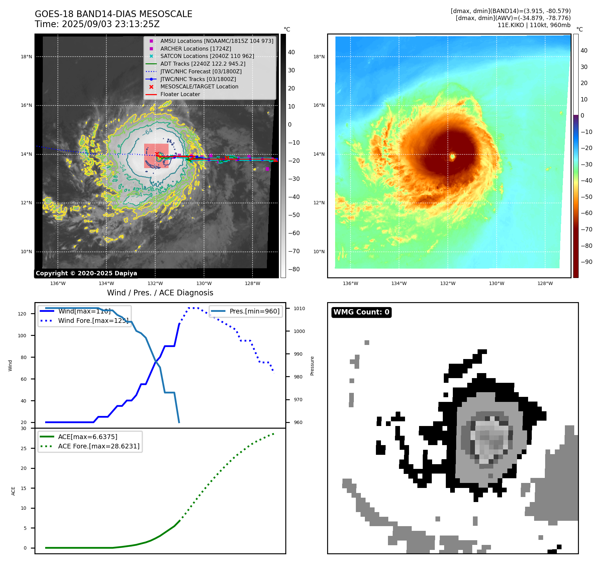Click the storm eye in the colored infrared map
452,156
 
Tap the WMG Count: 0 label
361,312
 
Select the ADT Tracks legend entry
203,64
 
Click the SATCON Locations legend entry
207,56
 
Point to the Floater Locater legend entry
180,94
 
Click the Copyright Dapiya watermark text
86,273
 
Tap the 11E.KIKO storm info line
534,25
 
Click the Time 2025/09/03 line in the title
97,24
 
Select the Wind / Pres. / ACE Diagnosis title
160,293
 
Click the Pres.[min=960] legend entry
254,311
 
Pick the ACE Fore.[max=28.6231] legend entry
99,446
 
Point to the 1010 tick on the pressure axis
299,308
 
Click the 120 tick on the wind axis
22,314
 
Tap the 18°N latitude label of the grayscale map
26,57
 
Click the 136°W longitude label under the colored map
350,283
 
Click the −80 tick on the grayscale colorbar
294,269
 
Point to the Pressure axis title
312,366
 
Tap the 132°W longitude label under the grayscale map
155,283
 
